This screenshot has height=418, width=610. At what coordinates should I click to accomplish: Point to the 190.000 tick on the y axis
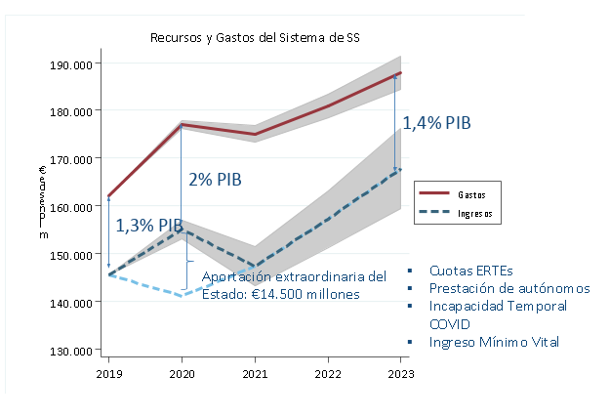point(72,63)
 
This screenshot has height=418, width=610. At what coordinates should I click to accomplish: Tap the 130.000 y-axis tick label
point(72,351)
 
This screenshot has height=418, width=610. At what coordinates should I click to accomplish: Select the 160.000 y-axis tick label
point(72,207)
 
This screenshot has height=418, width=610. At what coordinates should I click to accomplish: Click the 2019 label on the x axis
point(108,374)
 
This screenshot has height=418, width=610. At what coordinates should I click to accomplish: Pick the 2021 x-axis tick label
point(255,374)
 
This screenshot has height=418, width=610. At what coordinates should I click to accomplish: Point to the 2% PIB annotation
point(216,180)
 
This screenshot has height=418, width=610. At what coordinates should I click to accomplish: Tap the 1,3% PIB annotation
point(149,226)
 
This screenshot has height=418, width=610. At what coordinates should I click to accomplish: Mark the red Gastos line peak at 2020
point(182,125)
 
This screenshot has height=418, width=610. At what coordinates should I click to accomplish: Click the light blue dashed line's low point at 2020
point(182,295)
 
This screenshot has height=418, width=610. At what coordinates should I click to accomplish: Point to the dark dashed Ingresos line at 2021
point(255,266)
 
